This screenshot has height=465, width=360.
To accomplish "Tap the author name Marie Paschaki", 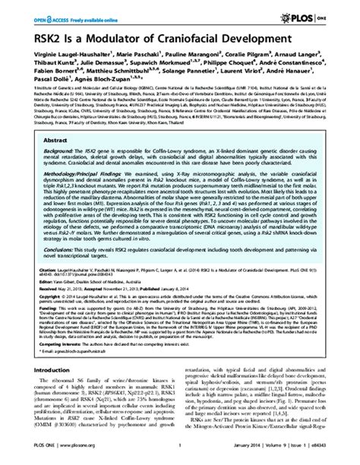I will (135, 55).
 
